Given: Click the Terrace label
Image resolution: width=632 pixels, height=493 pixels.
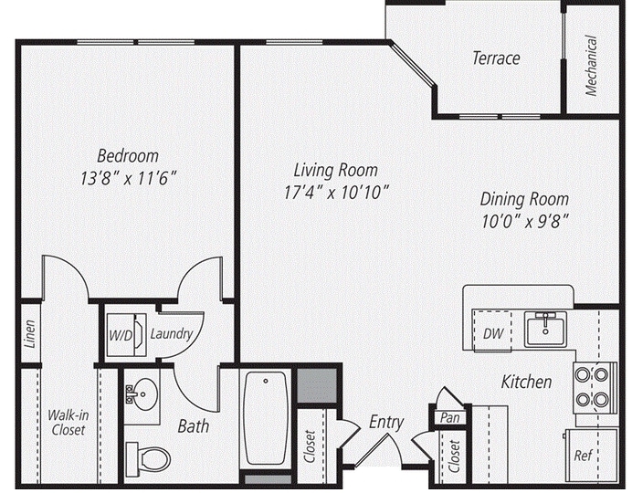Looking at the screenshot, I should (496, 58).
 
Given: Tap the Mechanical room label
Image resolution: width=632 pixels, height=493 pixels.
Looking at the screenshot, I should (592, 65).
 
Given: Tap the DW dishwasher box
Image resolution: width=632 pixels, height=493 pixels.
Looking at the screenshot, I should (494, 332).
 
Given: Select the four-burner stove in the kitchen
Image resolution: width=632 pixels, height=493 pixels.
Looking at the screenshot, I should (591, 386).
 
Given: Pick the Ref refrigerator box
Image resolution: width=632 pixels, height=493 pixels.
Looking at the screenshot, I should (582, 455).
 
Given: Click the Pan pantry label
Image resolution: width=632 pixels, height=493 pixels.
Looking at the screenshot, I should (448, 416).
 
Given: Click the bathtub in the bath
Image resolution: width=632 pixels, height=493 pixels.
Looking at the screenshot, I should (266, 417).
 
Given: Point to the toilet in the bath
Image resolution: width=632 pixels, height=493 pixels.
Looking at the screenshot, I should (148, 456).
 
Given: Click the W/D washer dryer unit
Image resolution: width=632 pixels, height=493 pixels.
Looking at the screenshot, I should (122, 334).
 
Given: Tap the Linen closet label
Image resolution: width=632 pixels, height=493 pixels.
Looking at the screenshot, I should (31, 334).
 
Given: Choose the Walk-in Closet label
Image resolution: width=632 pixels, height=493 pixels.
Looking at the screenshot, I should (67, 421).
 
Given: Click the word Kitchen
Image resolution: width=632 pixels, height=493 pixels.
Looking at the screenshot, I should (526, 382).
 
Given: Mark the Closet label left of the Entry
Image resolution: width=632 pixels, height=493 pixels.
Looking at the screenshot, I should (310, 446).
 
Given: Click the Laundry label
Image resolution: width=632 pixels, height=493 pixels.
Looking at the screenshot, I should (172, 334).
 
